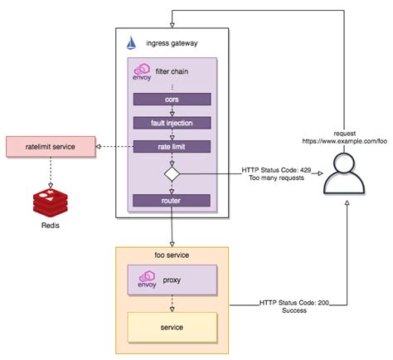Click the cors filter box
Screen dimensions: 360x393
(x=172, y=99)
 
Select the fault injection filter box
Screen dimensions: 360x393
(x=172, y=123)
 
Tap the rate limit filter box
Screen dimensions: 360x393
(x=172, y=147)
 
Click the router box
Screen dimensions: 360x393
(x=172, y=200)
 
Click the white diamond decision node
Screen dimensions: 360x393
(x=172, y=173)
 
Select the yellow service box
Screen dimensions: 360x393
(x=172, y=328)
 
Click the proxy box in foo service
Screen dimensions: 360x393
(x=172, y=280)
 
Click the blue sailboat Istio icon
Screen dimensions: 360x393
(x=130, y=42)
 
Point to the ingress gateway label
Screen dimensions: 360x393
(x=170, y=43)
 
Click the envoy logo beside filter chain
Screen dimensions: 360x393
(x=141, y=73)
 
